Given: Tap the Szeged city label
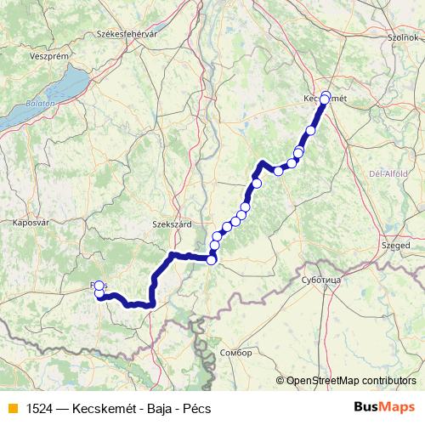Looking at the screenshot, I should [x=396, y=245].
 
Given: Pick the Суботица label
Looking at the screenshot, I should [x=321, y=278].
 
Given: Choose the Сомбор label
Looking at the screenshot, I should [x=235, y=352].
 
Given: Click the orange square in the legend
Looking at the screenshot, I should [x=12, y=409].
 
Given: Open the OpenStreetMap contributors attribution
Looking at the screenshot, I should [x=351, y=380].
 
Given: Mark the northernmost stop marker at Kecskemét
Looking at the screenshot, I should [x=326, y=95].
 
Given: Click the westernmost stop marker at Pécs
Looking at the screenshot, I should [x=99, y=286].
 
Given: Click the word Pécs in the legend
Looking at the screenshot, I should [x=194, y=409].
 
